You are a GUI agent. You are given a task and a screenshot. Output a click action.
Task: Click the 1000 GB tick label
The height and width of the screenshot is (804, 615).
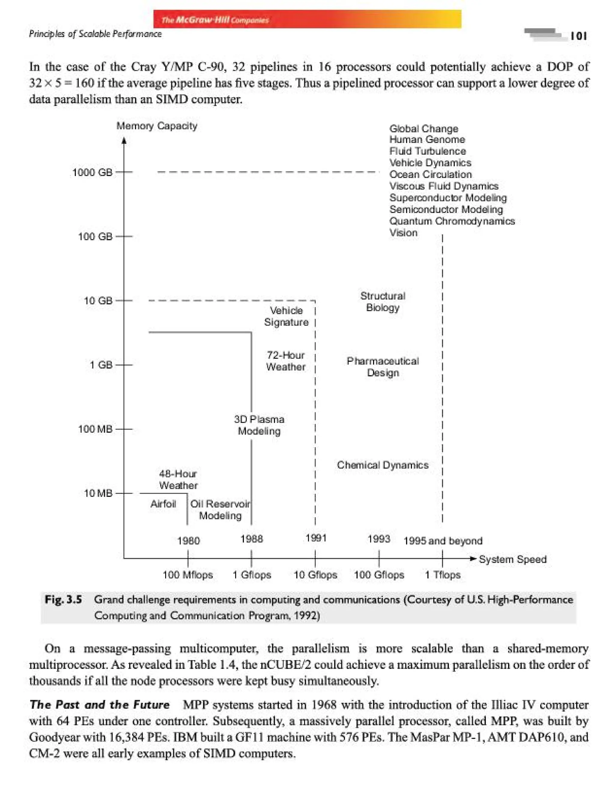tap(92, 172)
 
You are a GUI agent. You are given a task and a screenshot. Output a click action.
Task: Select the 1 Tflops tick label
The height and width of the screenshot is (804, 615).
tap(442, 575)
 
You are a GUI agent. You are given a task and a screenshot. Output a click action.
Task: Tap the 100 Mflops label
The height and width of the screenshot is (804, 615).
tap(187, 575)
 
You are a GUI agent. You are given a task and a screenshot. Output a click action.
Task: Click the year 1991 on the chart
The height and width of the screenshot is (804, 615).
tap(316, 538)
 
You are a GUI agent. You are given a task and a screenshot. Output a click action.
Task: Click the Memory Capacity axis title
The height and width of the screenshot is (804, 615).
tap(157, 126)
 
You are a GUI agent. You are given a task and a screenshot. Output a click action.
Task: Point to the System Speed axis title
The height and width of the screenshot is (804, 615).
tap(513, 559)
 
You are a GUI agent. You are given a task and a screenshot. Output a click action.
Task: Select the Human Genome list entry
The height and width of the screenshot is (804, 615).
tap(427, 139)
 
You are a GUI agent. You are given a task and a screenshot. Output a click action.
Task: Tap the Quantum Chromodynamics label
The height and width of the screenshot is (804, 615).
tap(452, 221)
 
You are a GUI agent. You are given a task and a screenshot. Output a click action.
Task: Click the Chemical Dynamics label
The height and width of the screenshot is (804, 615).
tap(383, 465)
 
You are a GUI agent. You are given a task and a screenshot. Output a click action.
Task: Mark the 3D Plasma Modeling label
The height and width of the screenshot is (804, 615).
tap(259, 425)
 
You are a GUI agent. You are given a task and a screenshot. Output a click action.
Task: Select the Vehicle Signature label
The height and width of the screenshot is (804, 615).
tap(286, 316)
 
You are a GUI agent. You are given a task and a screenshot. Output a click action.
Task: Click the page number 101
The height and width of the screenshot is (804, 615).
tap(578, 35)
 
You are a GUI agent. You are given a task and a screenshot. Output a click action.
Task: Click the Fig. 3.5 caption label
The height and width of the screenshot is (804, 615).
tap(63, 600)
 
